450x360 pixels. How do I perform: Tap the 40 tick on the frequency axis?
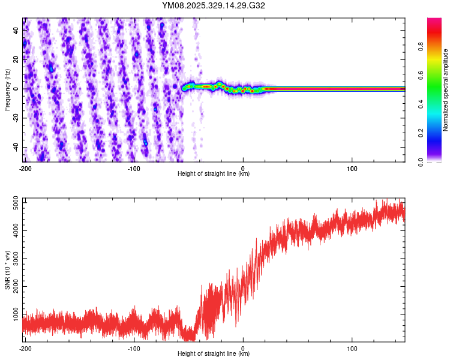click(17, 29)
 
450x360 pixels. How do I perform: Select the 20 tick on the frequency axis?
click(17, 59)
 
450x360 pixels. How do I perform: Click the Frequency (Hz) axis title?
click(7, 89)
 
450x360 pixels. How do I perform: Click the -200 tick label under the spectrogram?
click(25, 167)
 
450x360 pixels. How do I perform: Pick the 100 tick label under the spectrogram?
click(352, 167)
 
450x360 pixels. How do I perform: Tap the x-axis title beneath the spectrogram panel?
click(214, 174)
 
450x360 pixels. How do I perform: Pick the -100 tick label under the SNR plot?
click(134, 348)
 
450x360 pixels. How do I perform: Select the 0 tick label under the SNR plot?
click(243, 348)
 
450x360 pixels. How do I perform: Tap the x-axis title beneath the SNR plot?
click(214, 354)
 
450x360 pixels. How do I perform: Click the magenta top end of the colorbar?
click(434, 22)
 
